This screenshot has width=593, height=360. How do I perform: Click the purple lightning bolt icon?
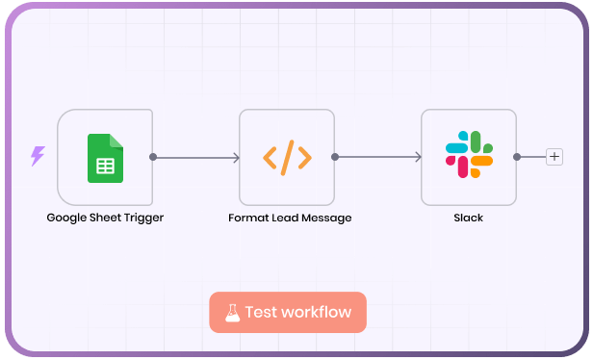38,156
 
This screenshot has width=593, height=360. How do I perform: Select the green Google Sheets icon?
105,157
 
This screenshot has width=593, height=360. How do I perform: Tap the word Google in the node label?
67,218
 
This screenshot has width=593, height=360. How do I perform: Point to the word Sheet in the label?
108,218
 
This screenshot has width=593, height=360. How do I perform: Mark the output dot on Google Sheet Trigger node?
153,157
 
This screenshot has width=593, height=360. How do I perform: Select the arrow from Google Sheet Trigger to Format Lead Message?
196,157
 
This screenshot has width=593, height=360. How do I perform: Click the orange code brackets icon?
287,157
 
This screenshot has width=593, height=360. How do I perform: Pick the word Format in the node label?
247,218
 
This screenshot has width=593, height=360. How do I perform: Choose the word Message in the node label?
327,218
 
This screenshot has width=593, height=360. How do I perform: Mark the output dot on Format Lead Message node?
335,157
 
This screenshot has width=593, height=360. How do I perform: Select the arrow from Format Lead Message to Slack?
378,157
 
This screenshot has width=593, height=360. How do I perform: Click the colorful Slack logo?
469,157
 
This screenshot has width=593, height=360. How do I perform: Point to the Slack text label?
469,218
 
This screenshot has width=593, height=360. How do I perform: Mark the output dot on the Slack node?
517,157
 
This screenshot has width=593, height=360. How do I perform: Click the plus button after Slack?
554,157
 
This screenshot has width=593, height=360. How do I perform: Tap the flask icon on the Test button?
232,312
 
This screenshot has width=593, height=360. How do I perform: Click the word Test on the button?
261,312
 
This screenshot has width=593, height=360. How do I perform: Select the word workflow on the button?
317,312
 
